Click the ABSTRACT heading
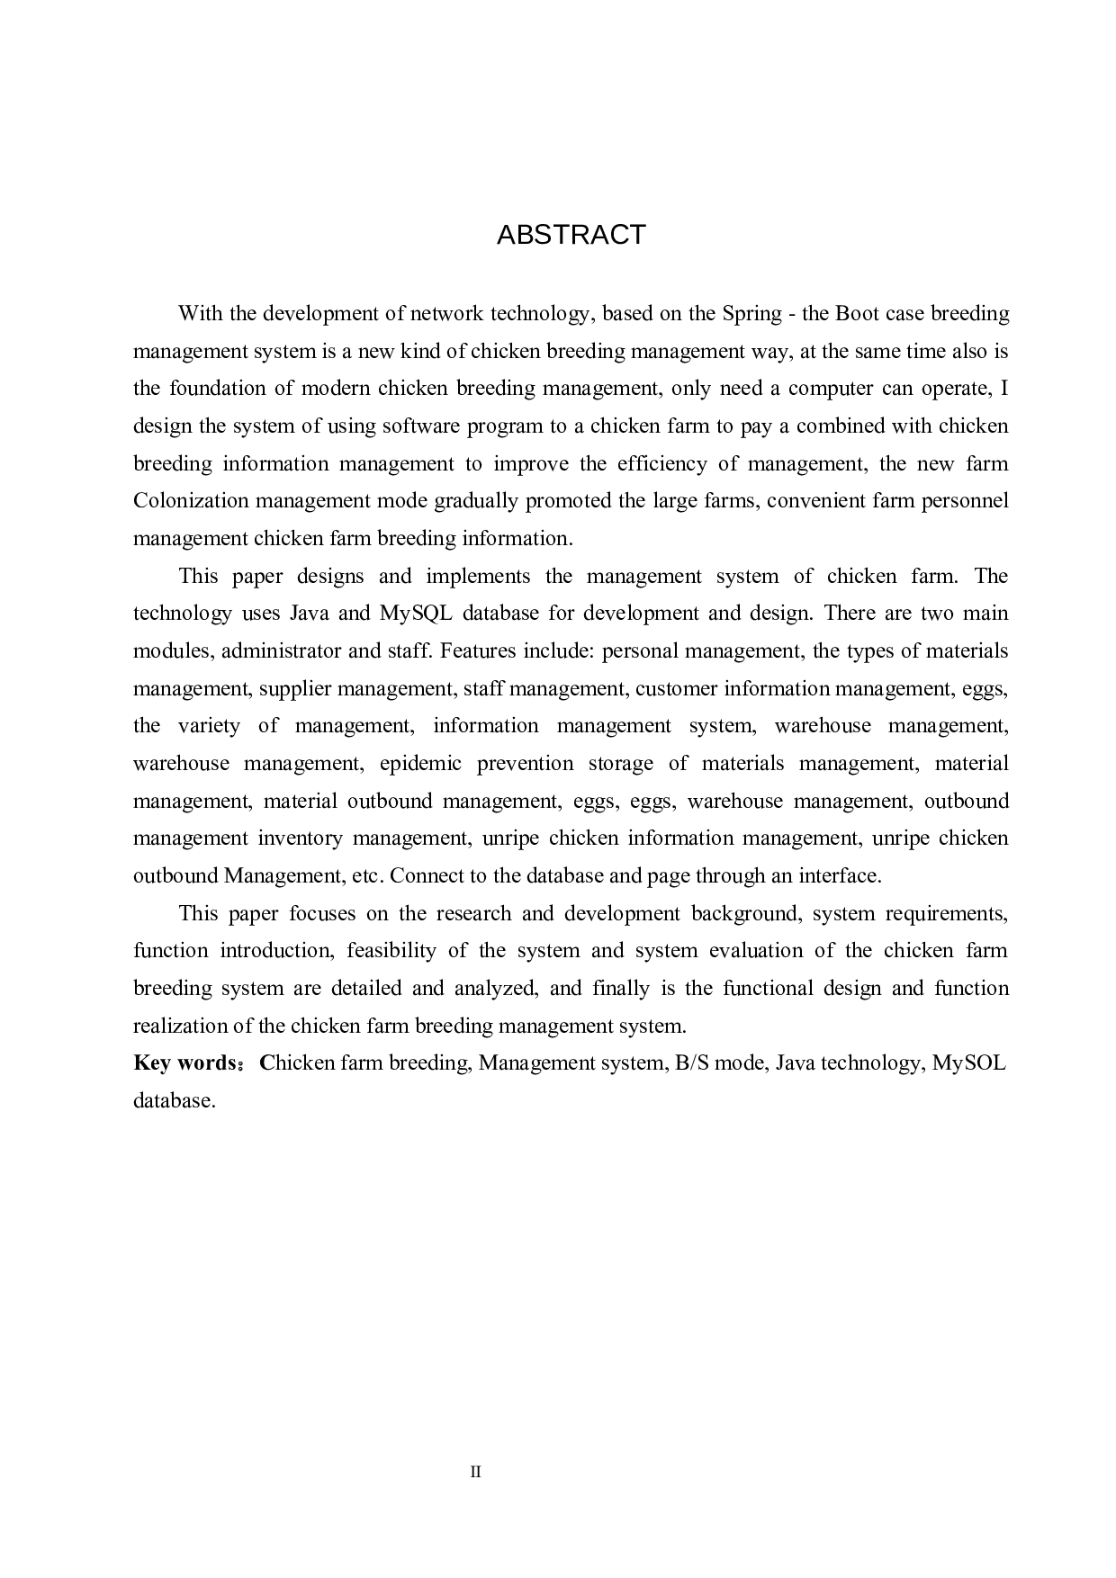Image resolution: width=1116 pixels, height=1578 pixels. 571,235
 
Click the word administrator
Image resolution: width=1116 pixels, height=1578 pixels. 282,650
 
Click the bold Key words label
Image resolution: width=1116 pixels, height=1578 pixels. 184,1063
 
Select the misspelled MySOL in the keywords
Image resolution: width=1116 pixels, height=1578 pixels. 968,1063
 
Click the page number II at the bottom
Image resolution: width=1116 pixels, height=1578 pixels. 476,1472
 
